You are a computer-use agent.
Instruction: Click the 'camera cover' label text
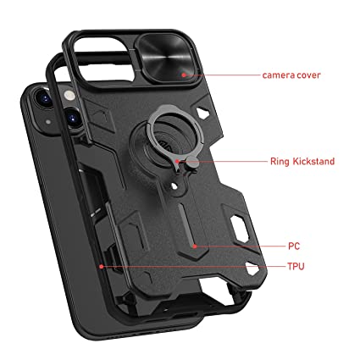pos(291,75)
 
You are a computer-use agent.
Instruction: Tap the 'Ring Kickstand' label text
pos(302,162)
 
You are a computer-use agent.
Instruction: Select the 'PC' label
pos(294,246)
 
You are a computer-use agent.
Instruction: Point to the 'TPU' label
pos(296,266)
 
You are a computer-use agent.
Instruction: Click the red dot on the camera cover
pos(184,75)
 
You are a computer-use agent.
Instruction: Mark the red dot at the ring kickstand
pos(177,161)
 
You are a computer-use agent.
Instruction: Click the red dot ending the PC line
pos(195,246)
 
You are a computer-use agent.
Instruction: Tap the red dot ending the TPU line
pos(102,266)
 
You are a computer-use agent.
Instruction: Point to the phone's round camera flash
pos(69,96)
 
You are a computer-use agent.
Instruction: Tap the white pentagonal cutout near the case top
pos(202,113)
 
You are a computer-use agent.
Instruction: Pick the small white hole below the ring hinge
pos(174,186)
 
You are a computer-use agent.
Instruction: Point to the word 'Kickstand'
pos(313,162)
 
